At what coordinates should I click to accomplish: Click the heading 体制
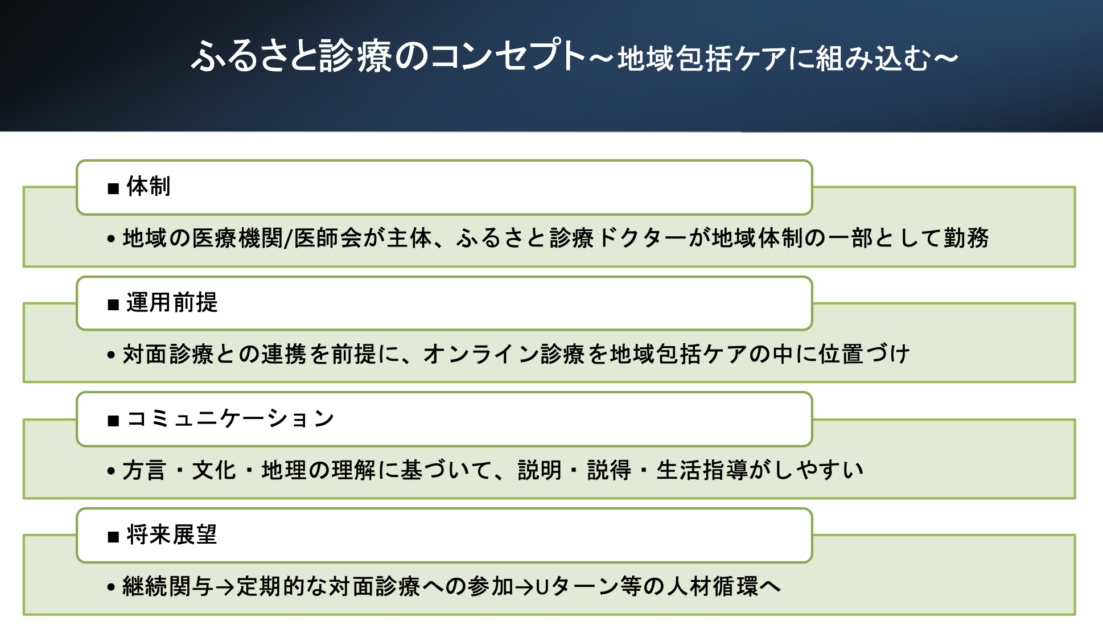click(148, 187)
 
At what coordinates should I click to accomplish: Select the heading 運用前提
click(172, 303)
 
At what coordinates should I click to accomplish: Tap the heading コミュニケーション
click(230, 419)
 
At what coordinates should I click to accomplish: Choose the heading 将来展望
click(172, 535)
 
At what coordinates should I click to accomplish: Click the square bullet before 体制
click(113, 188)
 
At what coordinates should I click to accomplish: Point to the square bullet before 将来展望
click(113, 537)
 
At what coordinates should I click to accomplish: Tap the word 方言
click(144, 471)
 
